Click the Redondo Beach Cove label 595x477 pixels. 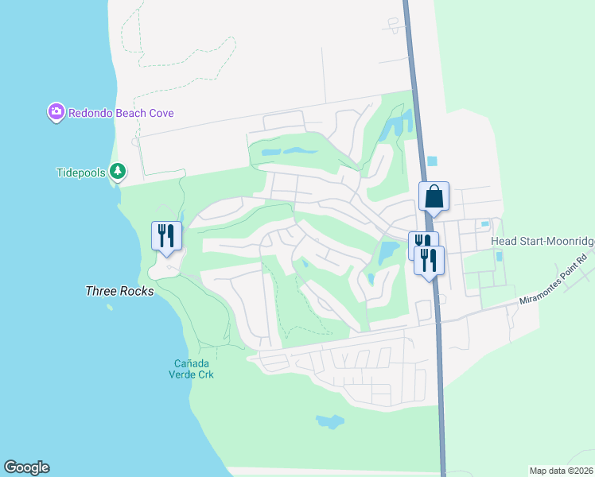[x=120, y=113]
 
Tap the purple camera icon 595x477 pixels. [x=56, y=113]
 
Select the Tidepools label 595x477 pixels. [x=81, y=173]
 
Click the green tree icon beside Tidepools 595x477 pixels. [x=118, y=171]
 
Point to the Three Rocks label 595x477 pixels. [x=119, y=292]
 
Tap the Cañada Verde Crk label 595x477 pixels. [x=194, y=369]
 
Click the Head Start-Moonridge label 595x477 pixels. [x=542, y=242]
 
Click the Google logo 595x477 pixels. [x=26, y=467]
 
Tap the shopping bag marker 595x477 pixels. [x=434, y=196]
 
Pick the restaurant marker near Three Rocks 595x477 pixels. [x=166, y=235]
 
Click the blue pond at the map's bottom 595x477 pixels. [x=329, y=421]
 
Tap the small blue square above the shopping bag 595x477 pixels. [x=432, y=161]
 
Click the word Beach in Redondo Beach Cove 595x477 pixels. [x=131, y=113]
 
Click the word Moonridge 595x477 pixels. [x=567, y=242]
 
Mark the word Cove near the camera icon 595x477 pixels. [x=161, y=113]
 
